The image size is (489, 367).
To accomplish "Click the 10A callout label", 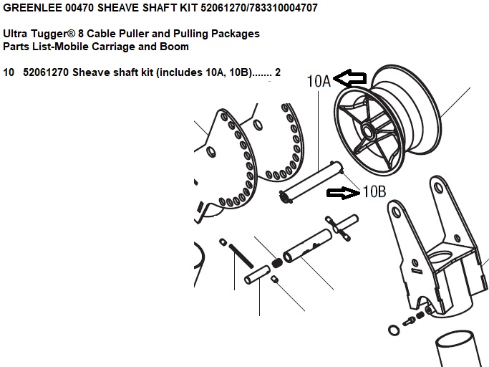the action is click(x=319, y=81).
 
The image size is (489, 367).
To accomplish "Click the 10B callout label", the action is click(x=374, y=191).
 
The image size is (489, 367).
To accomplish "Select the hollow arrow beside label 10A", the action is click(x=350, y=78).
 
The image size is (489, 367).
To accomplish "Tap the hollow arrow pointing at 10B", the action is click(x=343, y=193).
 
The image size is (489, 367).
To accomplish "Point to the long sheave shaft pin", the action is click(x=311, y=182).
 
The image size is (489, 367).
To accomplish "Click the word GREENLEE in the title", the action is click(x=32, y=8).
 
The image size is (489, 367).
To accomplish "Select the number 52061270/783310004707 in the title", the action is click(x=259, y=8).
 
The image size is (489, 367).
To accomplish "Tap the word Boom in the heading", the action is click(x=174, y=47).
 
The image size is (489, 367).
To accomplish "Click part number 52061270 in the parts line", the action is click(x=46, y=72).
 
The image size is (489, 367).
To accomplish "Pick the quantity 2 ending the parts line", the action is click(x=278, y=72).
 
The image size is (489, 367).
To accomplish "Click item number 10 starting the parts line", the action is click(x=9, y=72).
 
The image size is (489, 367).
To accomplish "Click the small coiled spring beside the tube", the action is click(x=276, y=263).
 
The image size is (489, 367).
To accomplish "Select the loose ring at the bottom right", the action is click(x=394, y=330).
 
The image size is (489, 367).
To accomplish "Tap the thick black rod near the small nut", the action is click(x=241, y=256).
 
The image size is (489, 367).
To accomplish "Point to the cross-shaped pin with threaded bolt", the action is click(x=342, y=227).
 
